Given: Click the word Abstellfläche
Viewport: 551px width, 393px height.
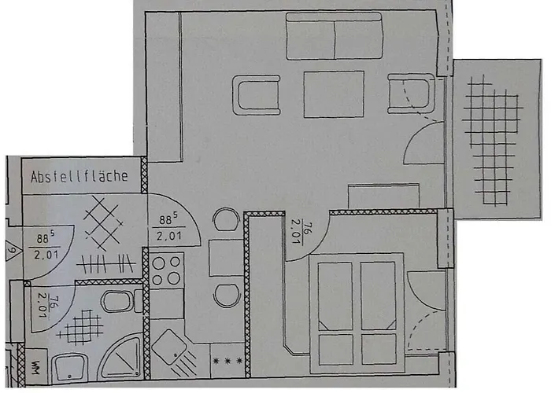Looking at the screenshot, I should (79, 177).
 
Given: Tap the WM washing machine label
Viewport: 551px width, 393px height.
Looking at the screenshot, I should (37, 368).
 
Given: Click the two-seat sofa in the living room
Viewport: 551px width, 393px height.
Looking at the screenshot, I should (335, 39).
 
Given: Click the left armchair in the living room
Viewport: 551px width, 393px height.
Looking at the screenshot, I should (257, 96).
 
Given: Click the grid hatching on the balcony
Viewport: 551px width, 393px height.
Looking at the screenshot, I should (492, 134).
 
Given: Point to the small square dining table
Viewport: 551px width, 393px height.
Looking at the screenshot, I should (226, 258).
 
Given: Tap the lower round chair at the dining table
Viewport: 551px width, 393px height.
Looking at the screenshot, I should (226, 293).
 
